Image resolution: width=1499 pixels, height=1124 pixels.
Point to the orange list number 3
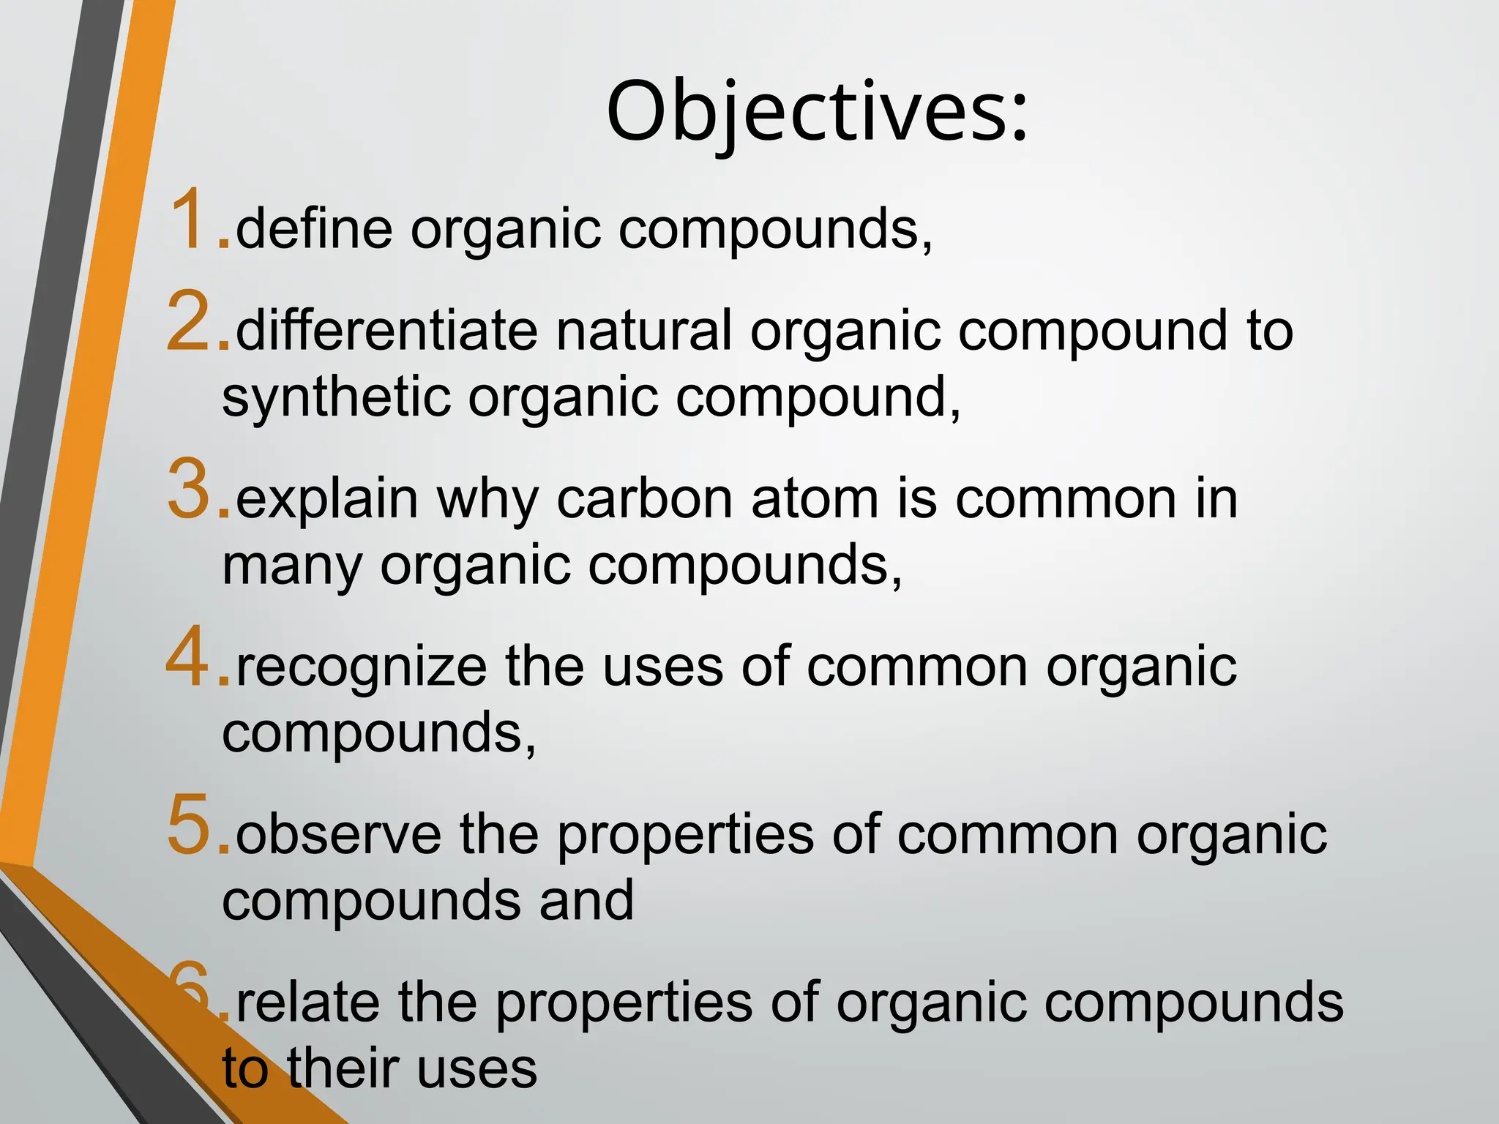coord(191,488)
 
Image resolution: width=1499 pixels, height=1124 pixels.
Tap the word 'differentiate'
coord(387,331)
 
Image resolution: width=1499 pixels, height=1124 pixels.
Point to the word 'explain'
coord(326,501)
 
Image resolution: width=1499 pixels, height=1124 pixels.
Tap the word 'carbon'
coord(645,499)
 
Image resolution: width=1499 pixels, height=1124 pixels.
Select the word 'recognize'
coord(362,668)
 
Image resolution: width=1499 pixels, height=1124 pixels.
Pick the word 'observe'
coord(339,835)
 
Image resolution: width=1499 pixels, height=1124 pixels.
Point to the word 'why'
coord(487,501)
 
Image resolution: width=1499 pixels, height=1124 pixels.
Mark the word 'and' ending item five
coord(586,901)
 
